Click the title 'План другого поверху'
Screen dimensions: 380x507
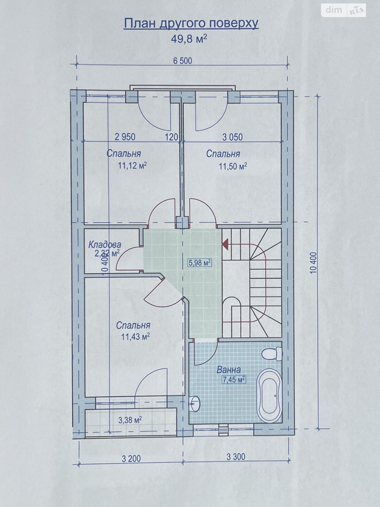tap(191, 24)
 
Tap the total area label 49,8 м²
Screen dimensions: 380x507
tap(189, 39)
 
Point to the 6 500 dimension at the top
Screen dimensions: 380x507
tap(182, 61)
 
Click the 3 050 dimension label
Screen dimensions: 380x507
tap(232, 137)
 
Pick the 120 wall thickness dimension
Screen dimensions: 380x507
tap(172, 137)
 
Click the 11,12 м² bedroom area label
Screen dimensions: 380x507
tap(133, 165)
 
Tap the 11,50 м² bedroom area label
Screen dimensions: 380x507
tap(233, 166)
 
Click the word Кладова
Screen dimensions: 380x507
tap(105, 244)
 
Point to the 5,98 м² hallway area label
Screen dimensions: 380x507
tap(200, 263)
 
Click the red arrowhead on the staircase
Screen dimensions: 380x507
tap(225, 244)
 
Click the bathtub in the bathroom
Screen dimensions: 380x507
tap(269, 395)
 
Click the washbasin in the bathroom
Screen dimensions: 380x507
tap(195, 403)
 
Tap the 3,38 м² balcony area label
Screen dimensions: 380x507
tap(130, 420)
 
